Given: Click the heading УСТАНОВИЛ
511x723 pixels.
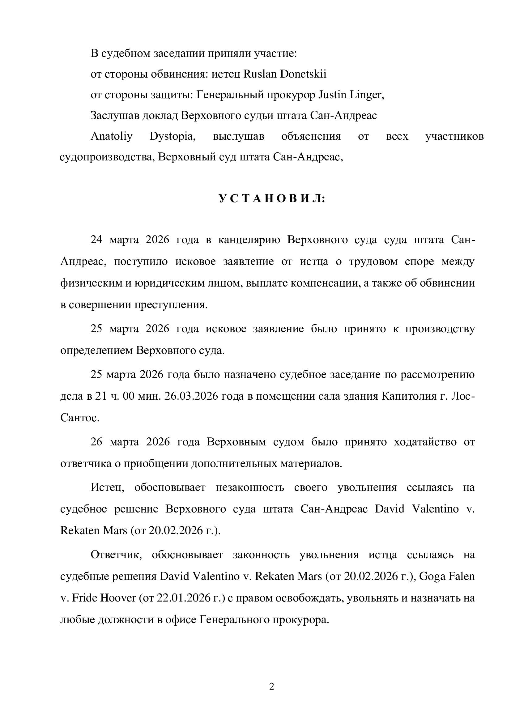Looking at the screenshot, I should click(272, 199).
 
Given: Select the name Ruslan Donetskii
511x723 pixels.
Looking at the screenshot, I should click(285, 74).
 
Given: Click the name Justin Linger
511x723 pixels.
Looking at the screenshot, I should click(351, 95).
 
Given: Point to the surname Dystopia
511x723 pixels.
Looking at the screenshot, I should click(172, 136).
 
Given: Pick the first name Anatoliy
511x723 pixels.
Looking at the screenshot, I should click(112, 136).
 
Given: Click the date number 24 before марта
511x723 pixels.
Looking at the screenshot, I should click(96, 240).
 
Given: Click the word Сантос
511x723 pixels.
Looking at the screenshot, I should click(80, 418).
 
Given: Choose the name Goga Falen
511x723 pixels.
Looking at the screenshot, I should click(447, 576).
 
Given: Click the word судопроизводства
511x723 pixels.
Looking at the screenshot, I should click(107, 157).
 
